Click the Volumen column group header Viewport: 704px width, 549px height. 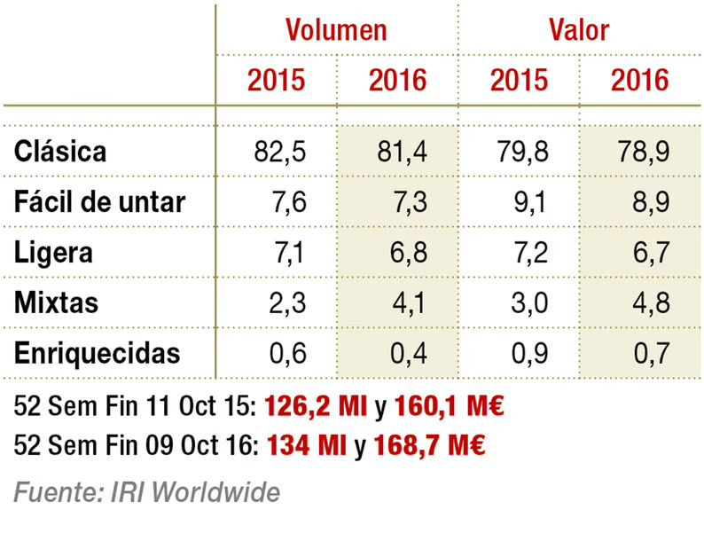pyautogui.click(x=336, y=29)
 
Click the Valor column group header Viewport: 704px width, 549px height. pyautogui.click(x=578, y=29)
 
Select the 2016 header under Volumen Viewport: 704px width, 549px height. pyautogui.click(x=397, y=81)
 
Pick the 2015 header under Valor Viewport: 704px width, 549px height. pyautogui.click(x=519, y=81)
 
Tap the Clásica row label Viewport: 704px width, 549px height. pyautogui.click(x=60, y=151)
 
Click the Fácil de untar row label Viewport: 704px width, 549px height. pyautogui.click(x=99, y=201)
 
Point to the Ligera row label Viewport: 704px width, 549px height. pyautogui.click(x=54, y=252)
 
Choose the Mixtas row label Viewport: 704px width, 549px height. pyautogui.click(x=56, y=302)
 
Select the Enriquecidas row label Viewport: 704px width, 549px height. pyautogui.click(x=98, y=353)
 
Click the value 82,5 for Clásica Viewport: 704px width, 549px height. pyautogui.click(x=279, y=151)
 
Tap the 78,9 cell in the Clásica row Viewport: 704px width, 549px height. pyautogui.click(x=642, y=151)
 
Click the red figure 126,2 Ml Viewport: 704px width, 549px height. pyautogui.click(x=316, y=407)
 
